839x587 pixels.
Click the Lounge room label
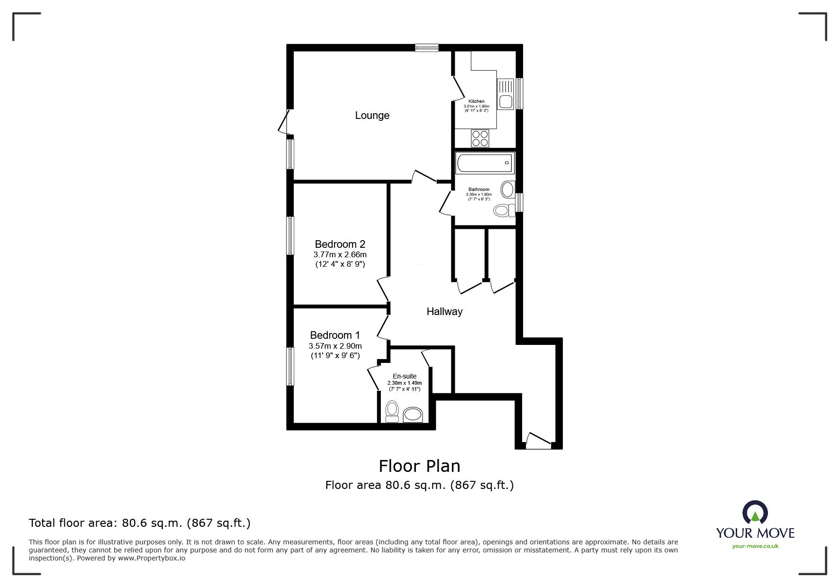click(372, 115)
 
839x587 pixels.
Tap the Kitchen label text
click(477, 101)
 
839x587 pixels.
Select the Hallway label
click(444, 311)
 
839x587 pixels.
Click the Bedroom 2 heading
click(340, 244)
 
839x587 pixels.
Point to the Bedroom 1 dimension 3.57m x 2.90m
click(335, 346)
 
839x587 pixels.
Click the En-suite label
click(405, 376)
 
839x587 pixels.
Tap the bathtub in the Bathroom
click(485, 163)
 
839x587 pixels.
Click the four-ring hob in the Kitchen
click(480, 138)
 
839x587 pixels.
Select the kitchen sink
click(505, 94)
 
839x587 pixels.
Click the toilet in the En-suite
click(392, 411)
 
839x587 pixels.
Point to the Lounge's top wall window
click(427, 47)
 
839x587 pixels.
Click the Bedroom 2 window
click(290, 235)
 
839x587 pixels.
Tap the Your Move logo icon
click(755, 513)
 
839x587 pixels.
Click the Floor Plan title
click(420, 466)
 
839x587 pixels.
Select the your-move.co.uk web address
click(755, 546)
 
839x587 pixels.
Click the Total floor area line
click(140, 523)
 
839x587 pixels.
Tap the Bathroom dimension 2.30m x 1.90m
click(479, 194)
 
